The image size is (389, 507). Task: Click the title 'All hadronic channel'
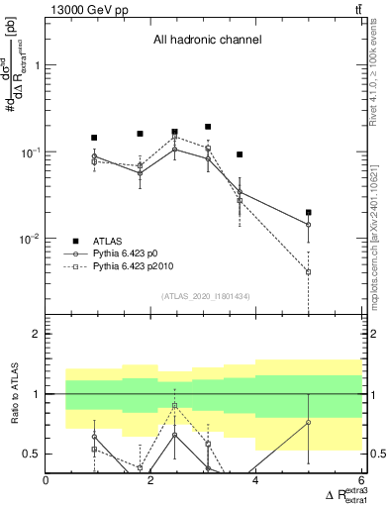point(207,41)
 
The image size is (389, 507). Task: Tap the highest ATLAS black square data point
point(208,127)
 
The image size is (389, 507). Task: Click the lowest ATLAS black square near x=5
point(309,212)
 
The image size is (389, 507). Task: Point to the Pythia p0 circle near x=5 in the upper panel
point(309,225)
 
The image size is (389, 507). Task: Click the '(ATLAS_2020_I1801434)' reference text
point(205,296)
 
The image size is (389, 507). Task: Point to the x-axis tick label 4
point(256,481)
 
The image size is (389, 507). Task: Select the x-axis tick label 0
point(47,481)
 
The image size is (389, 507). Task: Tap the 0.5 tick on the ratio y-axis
point(31,454)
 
